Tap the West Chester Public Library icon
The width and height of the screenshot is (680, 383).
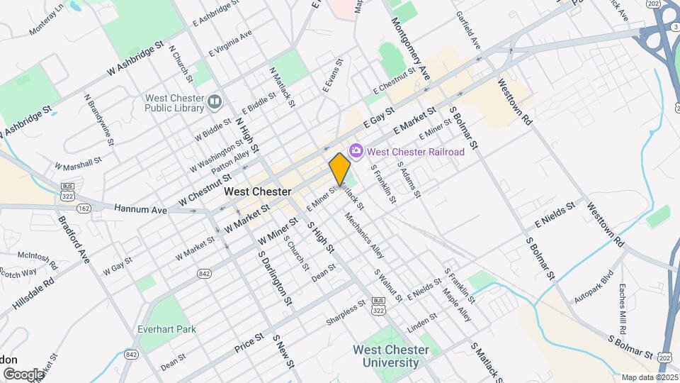pyautogui.click(x=214, y=104)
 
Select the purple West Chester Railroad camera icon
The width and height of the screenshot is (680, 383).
pyautogui.click(x=356, y=151)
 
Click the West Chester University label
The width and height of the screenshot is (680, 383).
pyautogui.click(x=391, y=356)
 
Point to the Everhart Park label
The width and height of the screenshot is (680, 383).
pyautogui.click(x=167, y=329)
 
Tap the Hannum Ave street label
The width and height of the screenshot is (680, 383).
pyautogui.click(x=140, y=210)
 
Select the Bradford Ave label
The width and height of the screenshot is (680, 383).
pyautogui.click(x=74, y=239)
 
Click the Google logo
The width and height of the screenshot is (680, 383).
pyautogui.click(x=23, y=374)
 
